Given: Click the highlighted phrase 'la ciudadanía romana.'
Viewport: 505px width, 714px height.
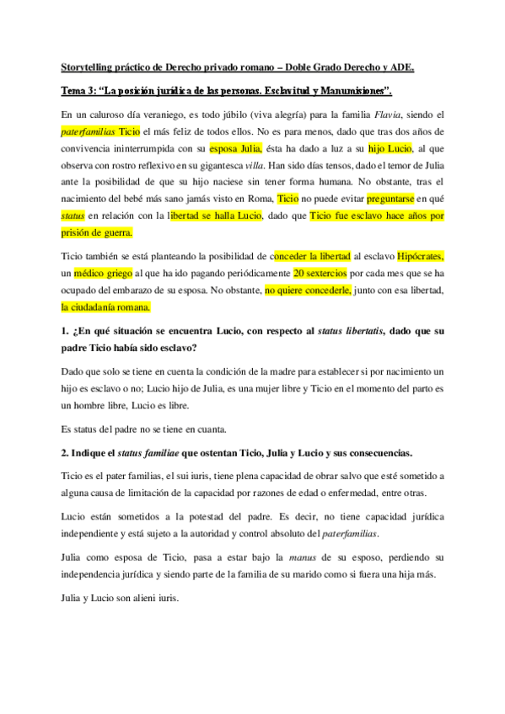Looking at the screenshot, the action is (x=105, y=307).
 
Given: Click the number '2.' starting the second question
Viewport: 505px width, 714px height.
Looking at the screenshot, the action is (x=67, y=454).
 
